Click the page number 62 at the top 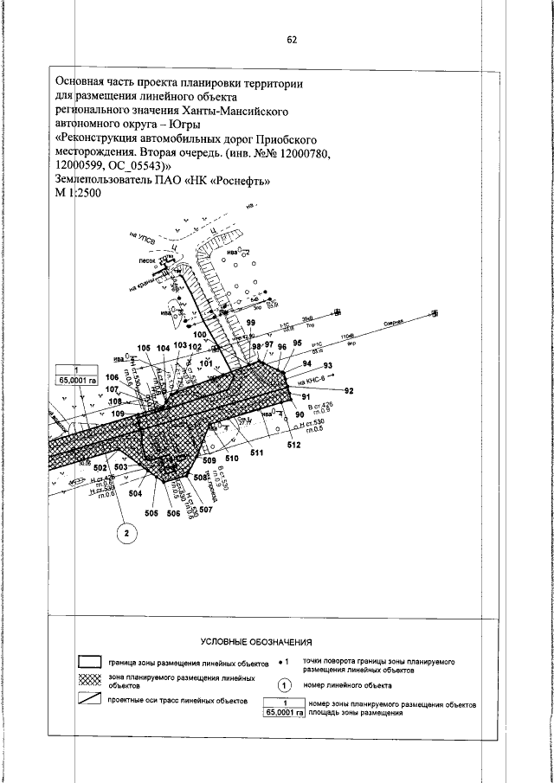[292, 39]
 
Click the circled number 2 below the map [126, 534]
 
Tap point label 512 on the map [293, 446]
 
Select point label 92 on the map [350, 391]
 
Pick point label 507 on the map [206, 510]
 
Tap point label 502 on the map [100, 468]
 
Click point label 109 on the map [119, 414]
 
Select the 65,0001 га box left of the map [77, 379]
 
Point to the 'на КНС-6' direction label [312, 380]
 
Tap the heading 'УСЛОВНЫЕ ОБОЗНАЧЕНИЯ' [256, 642]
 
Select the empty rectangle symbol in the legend [91, 664]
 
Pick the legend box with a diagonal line [91, 700]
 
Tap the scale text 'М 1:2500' [78, 196]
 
